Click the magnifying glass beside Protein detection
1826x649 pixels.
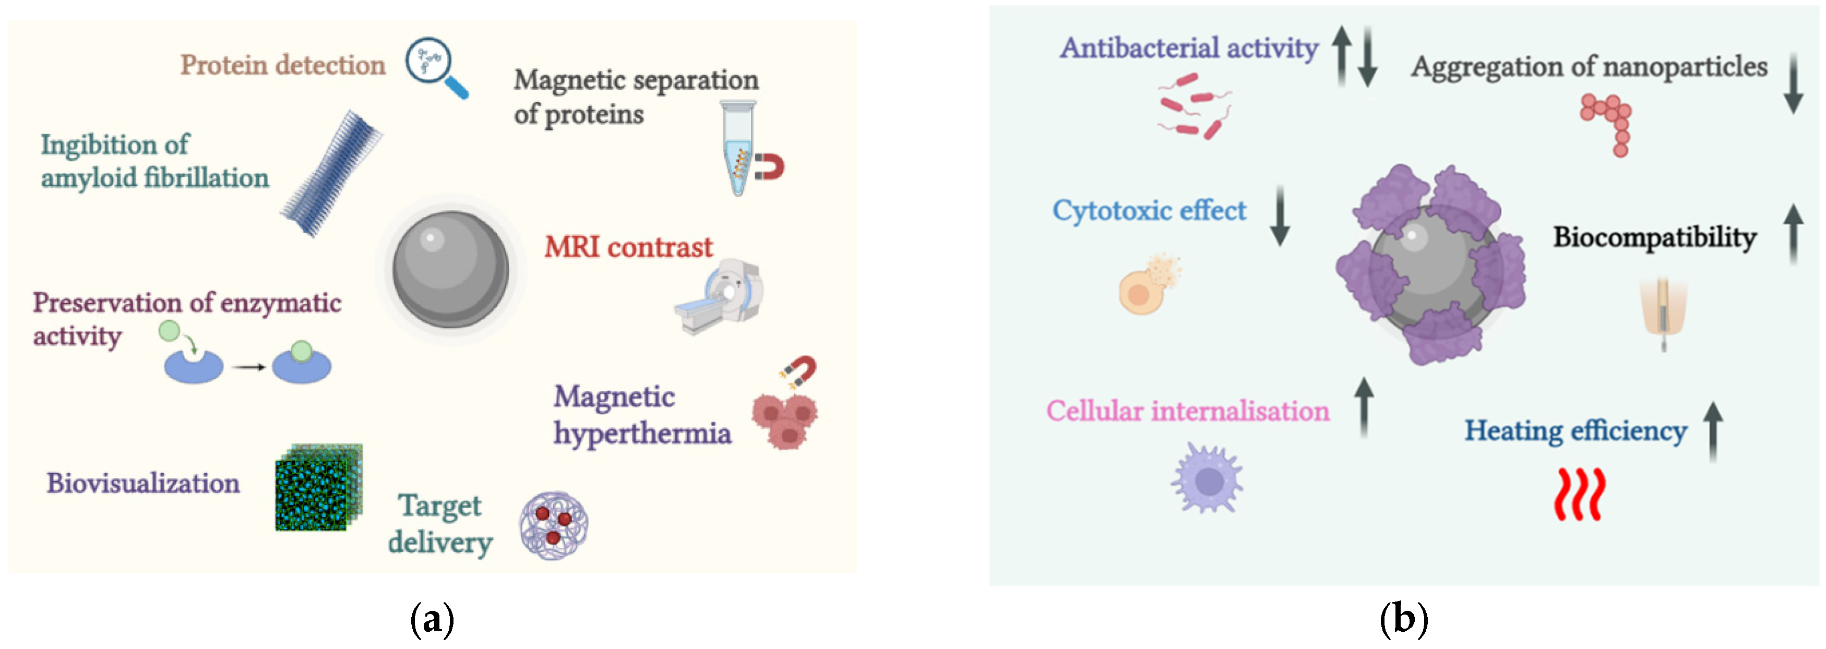click(434, 65)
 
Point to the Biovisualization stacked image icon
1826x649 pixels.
click(319, 487)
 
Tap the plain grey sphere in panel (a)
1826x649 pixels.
click(450, 269)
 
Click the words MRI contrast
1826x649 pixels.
click(628, 247)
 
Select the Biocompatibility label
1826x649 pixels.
click(1654, 237)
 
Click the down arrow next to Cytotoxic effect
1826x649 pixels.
click(1280, 215)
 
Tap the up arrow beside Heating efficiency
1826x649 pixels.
click(1713, 431)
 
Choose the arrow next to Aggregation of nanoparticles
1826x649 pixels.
click(1794, 83)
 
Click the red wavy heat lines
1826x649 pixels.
click(1579, 494)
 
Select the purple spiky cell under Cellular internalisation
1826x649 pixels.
click(1207, 479)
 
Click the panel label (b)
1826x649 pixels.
click(1403, 619)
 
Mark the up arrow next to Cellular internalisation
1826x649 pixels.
click(1364, 407)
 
